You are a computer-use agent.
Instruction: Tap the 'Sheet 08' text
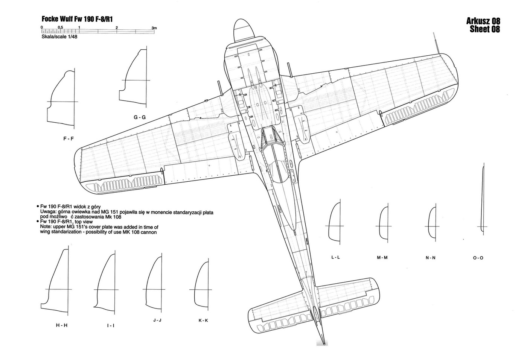[x=485, y=30]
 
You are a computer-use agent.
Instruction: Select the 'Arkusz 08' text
[x=483, y=21]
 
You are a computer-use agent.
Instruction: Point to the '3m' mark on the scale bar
[x=154, y=28]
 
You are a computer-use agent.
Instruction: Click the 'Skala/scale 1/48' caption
[x=59, y=37]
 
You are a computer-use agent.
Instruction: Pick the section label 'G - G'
[x=139, y=117]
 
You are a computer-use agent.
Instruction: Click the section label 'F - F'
[x=69, y=138]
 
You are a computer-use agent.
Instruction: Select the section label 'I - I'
[x=110, y=325]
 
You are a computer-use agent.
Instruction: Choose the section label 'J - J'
[x=157, y=320]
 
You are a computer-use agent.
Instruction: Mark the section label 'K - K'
[x=203, y=321]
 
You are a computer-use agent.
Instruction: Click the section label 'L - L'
[x=335, y=257]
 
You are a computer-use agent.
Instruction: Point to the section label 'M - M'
[x=382, y=258]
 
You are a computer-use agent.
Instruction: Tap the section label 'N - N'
[x=430, y=258]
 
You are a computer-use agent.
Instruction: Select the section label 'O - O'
[x=478, y=258]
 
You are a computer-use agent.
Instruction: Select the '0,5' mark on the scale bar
[x=60, y=28]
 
